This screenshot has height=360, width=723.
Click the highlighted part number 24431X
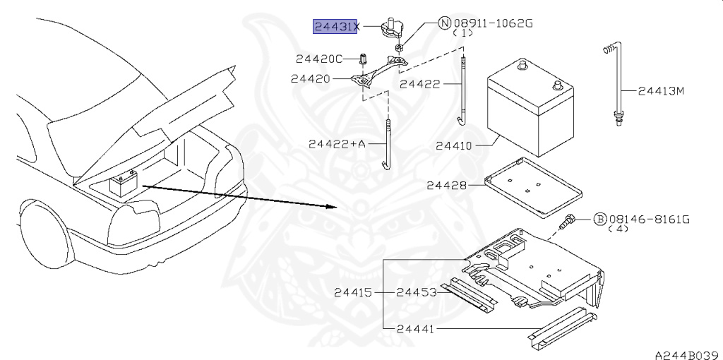pyautogui.click(x=335, y=27)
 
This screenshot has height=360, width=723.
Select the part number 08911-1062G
pyautogui.click(x=493, y=23)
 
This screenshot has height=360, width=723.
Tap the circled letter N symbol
pyautogui.click(x=444, y=23)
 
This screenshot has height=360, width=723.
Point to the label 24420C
pyautogui.click(x=319, y=59)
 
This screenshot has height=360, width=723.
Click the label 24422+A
pyautogui.click(x=337, y=144)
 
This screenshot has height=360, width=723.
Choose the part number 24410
pyautogui.click(x=454, y=146)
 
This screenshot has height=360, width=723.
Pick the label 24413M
pyautogui.click(x=661, y=91)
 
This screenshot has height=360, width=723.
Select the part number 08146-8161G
pyautogui.click(x=650, y=220)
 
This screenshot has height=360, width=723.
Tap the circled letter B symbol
pyautogui.click(x=599, y=220)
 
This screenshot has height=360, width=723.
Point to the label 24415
pyautogui.click(x=353, y=292)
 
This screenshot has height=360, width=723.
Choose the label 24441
pyautogui.click(x=415, y=329)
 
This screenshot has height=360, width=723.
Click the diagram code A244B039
pyautogui.click(x=688, y=354)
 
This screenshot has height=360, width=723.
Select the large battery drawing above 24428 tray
pyautogui.click(x=530, y=108)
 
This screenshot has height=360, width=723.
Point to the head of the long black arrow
pyautogui.click(x=337, y=208)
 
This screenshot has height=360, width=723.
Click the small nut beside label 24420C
pyautogui.click(x=363, y=59)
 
